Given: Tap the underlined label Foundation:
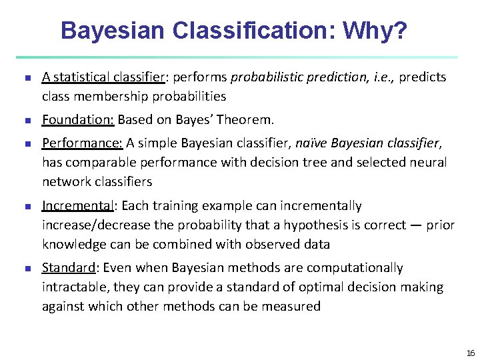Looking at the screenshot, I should click(x=78, y=120).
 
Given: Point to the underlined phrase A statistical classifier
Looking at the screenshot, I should click(x=103, y=77).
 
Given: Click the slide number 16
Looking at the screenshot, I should click(x=471, y=353).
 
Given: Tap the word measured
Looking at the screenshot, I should click(x=291, y=307).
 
